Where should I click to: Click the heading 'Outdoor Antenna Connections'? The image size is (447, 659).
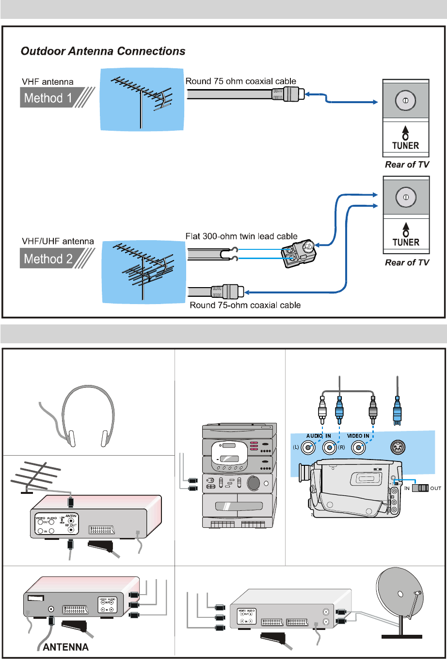[x=103, y=51]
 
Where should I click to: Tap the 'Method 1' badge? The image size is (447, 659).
[x=48, y=98]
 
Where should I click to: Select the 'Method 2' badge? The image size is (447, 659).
[x=48, y=259]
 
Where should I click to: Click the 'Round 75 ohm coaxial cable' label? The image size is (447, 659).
[x=240, y=81]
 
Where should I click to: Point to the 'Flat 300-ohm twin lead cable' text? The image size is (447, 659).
[x=242, y=236]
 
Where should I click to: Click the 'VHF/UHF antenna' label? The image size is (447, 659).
[x=51, y=241]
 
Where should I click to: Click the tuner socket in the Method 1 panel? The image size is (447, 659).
[x=406, y=100]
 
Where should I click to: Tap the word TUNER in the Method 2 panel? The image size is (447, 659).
[x=406, y=242]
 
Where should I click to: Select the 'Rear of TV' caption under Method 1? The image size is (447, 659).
[x=407, y=165]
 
